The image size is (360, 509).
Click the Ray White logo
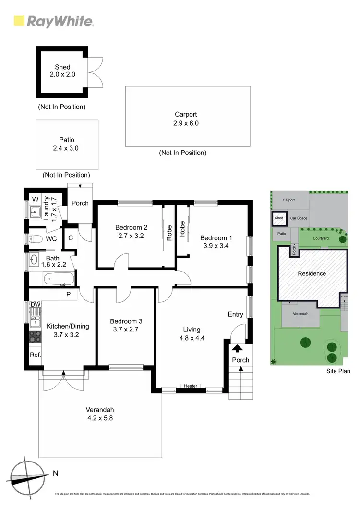click(x=53, y=21)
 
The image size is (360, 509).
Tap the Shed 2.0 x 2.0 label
click(x=62, y=71)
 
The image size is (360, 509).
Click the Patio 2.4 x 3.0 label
click(x=66, y=144)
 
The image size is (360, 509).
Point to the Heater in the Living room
click(x=191, y=386)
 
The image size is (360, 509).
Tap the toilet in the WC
click(x=37, y=238)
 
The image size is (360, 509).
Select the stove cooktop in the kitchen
click(x=36, y=336)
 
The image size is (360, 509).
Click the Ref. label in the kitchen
click(x=36, y=355)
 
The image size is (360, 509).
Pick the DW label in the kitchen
click(x=35, y=305)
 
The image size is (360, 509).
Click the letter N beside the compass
click(x=56, y=473)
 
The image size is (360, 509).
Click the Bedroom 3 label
click(x=126, y=321)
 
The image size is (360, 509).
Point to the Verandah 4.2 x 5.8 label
click(x=100, y=414)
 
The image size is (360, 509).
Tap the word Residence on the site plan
click(x=312, y=274)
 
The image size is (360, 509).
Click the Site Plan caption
click(x=338, y=371)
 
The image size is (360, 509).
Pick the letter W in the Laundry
click(x=35, y=200)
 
